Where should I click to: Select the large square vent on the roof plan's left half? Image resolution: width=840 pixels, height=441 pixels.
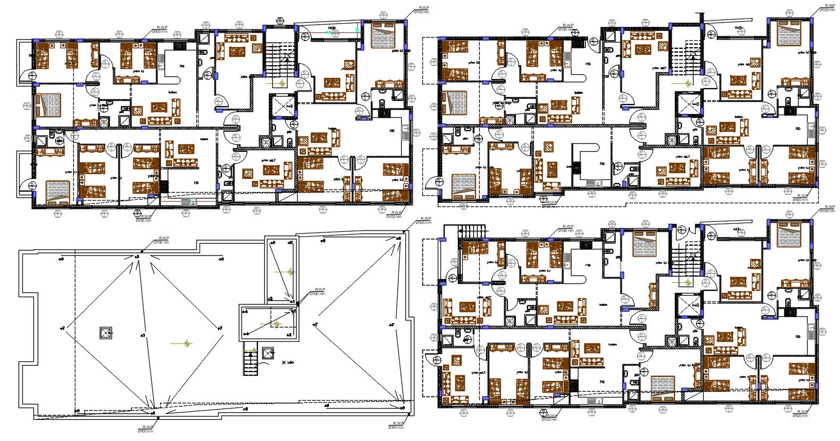(106, 333)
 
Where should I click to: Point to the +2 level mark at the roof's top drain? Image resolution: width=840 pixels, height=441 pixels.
(136, 257)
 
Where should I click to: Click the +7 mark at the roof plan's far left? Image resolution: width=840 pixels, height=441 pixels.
(62, 329)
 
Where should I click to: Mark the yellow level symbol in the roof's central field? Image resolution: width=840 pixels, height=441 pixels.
(186, 344)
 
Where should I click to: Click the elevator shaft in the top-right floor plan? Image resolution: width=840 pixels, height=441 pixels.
(689, 102)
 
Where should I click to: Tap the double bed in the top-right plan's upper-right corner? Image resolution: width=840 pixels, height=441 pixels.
(790, 33)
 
